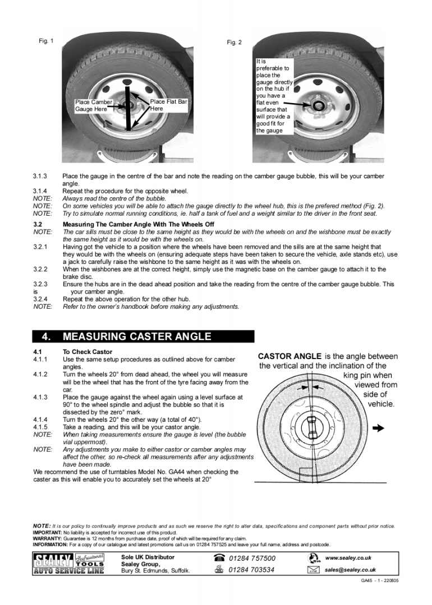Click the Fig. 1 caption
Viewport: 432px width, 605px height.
[x=46, y=41]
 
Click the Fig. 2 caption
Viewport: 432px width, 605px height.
[x=235, y=43]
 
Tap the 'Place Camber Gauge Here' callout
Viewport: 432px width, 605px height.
[x=93, y=106]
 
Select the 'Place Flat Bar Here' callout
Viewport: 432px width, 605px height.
[x=168, y=105]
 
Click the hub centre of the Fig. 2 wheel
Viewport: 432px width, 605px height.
[x=318, y=105]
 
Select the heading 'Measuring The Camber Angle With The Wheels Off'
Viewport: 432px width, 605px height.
[x=138, y=224]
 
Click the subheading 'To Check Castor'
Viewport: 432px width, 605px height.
[x=87, y=352]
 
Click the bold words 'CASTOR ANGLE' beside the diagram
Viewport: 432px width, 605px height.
[x=289, y=356]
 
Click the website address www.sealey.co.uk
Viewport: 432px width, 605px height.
[x=348, y=558]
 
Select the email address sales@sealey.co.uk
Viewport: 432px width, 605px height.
[x=350, y=570]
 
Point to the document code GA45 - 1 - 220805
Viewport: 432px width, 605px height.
[x=379, y=581]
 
